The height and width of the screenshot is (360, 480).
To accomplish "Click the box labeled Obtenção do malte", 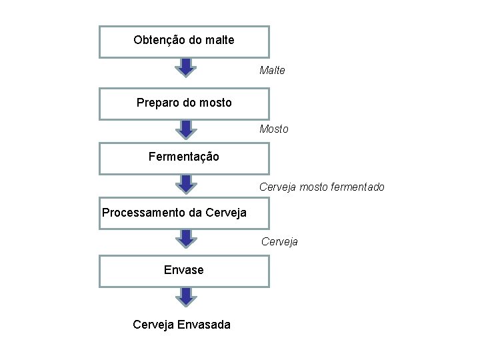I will point(184,41).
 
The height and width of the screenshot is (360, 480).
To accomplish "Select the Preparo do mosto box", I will point(184,103).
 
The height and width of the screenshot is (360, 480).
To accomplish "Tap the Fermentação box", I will point(184,158).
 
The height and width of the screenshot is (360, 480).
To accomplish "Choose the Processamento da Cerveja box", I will point(184,213).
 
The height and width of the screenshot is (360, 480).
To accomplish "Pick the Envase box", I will point(184,270).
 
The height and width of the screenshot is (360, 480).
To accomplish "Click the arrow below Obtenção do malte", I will point(185,67).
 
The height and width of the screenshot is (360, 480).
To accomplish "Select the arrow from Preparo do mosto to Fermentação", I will point(185,129).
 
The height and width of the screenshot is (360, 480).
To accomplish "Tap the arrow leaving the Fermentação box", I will point(185,184).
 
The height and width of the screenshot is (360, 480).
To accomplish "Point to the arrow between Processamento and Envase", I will point(185,239).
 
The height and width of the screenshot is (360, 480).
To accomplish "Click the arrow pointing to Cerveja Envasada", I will point(185,297).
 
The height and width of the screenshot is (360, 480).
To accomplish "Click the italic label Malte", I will point(272,70).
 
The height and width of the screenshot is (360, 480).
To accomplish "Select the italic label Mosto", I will point(274,129).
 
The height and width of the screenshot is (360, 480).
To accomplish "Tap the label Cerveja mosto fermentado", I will point(321,187).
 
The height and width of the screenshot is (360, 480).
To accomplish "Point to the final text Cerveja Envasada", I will point(182,325).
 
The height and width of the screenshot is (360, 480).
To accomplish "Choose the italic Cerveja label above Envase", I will point(279,241).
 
